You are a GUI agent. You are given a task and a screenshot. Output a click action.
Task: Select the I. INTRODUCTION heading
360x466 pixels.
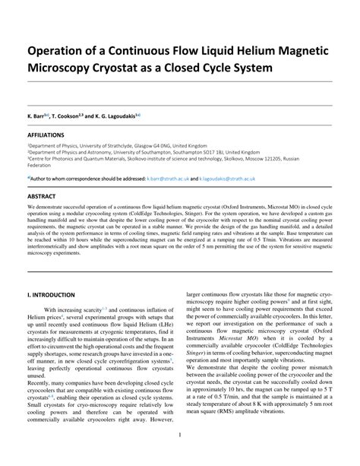coord(51,294)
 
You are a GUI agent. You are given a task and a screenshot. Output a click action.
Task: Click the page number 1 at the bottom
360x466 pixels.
coord(179,435)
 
